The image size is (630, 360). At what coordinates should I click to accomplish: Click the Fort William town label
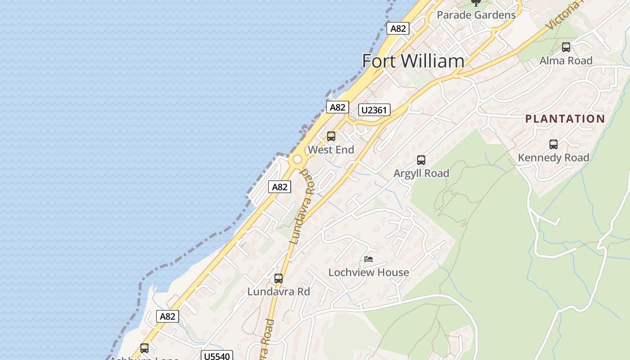(413, 61)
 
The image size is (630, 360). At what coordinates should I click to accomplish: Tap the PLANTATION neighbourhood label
(565, 119)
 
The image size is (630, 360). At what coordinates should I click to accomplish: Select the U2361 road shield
(374, 110)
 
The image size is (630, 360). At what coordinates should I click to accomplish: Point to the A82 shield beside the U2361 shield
(337, 107)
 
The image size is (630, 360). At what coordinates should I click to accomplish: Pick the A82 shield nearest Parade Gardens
(398, 28)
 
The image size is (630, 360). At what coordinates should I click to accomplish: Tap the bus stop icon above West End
(331, 136)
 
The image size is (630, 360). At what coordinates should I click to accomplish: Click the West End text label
(331, 150)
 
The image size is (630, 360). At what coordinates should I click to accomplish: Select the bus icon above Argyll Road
(421, 160)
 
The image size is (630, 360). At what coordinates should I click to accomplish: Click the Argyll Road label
(421, 173)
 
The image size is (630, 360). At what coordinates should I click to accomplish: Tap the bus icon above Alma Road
(566, 47)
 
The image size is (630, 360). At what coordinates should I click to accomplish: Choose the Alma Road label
(566, 60)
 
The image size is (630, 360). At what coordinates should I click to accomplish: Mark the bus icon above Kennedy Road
(553, 144)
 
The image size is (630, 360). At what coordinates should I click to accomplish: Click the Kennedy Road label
(553, 157)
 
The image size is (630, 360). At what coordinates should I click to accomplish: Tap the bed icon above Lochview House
(369, 259)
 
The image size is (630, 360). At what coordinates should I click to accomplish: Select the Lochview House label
(369, 272)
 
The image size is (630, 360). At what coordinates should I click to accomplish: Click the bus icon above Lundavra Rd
(279, 278)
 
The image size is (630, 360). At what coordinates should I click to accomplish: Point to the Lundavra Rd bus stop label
(279, 292)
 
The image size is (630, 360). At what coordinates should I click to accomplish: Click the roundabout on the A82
(297, 159)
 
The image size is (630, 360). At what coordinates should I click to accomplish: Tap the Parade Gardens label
(476, 15)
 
